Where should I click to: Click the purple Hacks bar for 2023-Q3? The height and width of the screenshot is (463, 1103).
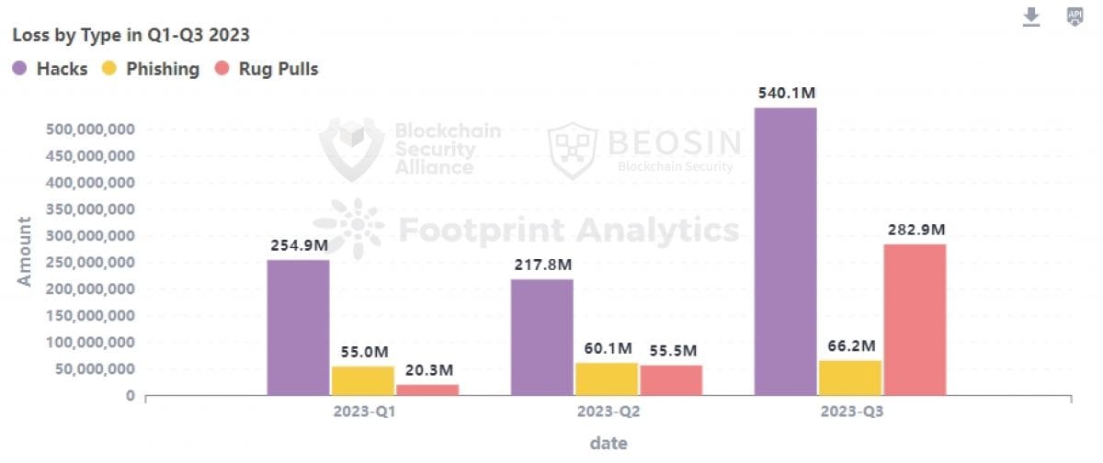click(x=785, y=252)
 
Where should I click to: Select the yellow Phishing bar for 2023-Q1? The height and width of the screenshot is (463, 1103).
click(x=362, y=380)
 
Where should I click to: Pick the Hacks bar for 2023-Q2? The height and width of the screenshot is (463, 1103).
click(x=541, y=337)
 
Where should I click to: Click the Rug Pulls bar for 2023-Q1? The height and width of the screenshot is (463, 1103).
click(x=427, y=390)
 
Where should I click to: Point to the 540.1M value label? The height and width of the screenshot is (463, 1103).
click(x=785, y=94)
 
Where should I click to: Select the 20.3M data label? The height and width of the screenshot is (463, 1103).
click(x=428, y=370)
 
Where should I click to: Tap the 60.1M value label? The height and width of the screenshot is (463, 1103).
click(x=608, y=348)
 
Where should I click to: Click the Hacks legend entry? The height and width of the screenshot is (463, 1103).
click(x=51, y=69)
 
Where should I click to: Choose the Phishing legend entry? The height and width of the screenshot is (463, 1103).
click(x=151, y=69)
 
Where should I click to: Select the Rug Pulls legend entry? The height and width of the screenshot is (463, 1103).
click(x=266, y=69)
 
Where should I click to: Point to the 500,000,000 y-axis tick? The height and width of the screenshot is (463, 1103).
click(x=90, y=130)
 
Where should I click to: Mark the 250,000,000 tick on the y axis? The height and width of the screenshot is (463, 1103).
click(x=90, y=263)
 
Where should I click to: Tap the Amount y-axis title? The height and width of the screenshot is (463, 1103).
click(x=25, y=251)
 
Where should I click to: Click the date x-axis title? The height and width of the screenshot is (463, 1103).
click(x=608, y=443)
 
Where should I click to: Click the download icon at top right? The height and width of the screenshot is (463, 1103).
click(x=1031, y=17)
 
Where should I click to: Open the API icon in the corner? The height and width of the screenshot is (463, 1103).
click(x=1074, y=17)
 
